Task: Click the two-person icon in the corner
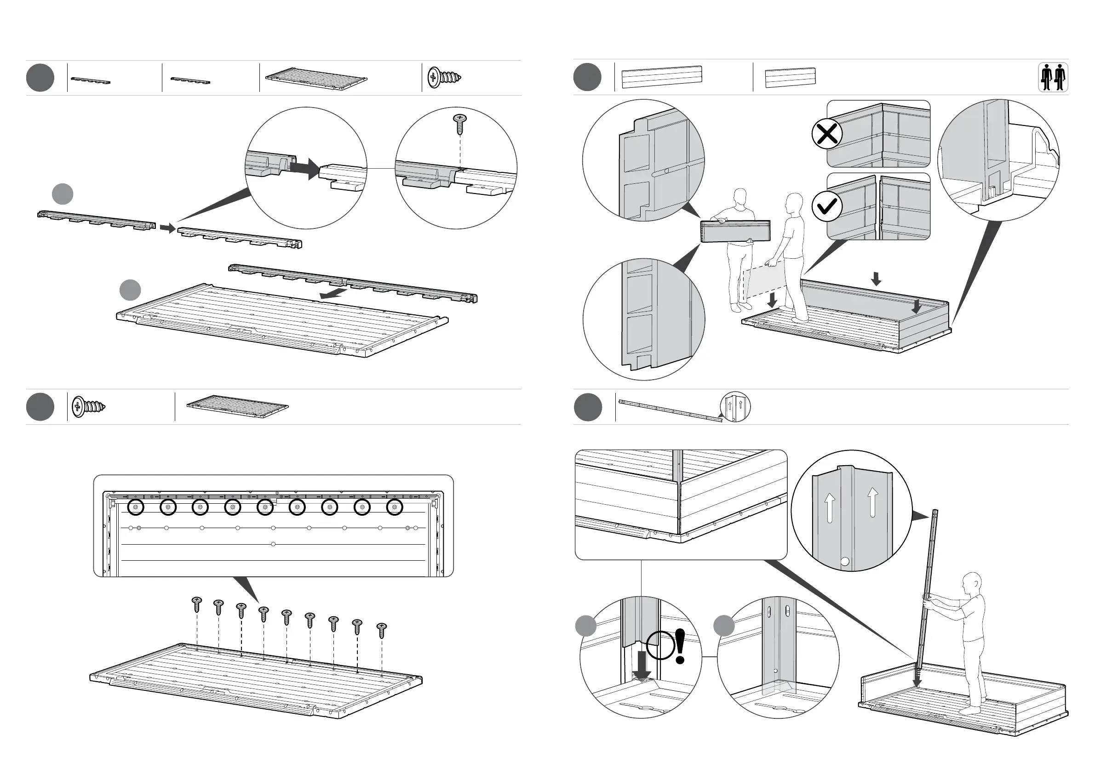(1053, 78)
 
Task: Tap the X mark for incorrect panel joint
(826, 134)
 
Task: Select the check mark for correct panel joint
(826, 206)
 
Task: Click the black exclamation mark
(680, 646)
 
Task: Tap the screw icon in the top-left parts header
(444, 77)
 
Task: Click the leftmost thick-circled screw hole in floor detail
(136, 507)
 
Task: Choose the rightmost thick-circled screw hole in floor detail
(395, 507)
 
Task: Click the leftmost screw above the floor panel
(196, 604)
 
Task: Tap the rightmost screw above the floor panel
(382, 630)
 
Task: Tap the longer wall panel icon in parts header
(662, 77)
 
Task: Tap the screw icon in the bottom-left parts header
(89, 407)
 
